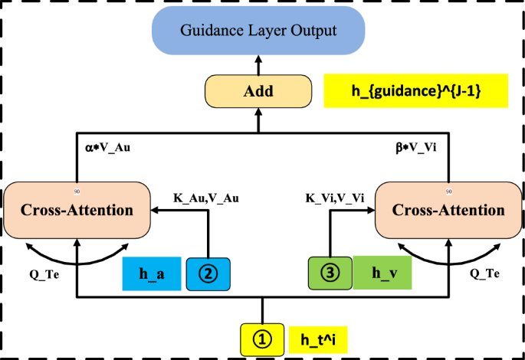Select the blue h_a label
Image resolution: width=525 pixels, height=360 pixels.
click(x=152, y=273)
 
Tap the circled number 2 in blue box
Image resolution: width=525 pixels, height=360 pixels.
click(x=208, y=273)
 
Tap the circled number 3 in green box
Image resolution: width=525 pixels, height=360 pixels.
click(x=330, y=273)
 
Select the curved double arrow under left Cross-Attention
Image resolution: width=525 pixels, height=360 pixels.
click(x=76, y=250)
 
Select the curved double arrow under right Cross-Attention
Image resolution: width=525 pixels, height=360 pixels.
click(x=450, y=250)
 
